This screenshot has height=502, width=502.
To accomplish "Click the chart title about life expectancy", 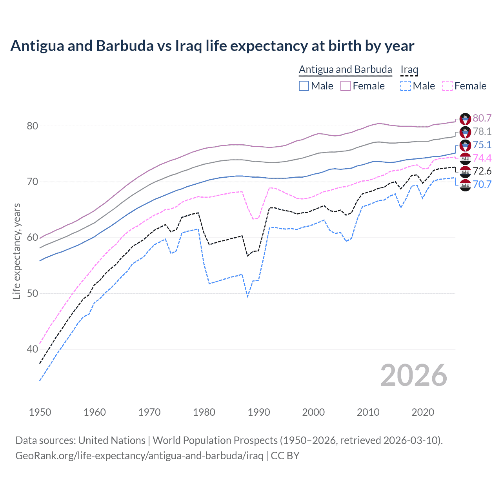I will [212, 46].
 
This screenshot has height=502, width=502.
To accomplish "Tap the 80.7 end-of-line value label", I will [482, 118].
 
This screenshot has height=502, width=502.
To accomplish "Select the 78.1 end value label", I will [482, 131].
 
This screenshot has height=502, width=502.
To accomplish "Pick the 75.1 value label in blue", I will [482, 145].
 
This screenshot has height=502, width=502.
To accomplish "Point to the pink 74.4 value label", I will [482, 158].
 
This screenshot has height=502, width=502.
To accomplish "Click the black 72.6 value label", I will [482, 171].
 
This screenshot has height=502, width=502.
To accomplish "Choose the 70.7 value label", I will [482, 184].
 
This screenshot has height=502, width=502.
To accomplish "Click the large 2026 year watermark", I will [413, 375].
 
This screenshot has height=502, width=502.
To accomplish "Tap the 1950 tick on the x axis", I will [40, 412].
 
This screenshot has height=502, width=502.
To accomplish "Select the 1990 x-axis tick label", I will [259, 412].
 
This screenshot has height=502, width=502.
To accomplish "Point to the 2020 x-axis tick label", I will [423, 412].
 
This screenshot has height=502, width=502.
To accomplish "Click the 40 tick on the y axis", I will [32, 349].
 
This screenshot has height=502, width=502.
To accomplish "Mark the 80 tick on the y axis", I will [32, 126].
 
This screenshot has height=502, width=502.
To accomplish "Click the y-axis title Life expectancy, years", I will [16, 251].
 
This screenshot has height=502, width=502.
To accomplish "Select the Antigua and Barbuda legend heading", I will [345, 69].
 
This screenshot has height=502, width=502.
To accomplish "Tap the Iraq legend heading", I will [409, 69].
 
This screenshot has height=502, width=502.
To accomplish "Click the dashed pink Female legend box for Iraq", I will [447, 86].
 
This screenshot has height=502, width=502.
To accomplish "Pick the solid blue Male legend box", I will [304, 86].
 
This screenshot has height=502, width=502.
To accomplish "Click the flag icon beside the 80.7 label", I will [465, 118].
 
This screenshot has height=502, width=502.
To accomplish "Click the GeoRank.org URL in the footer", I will [139, 456].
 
